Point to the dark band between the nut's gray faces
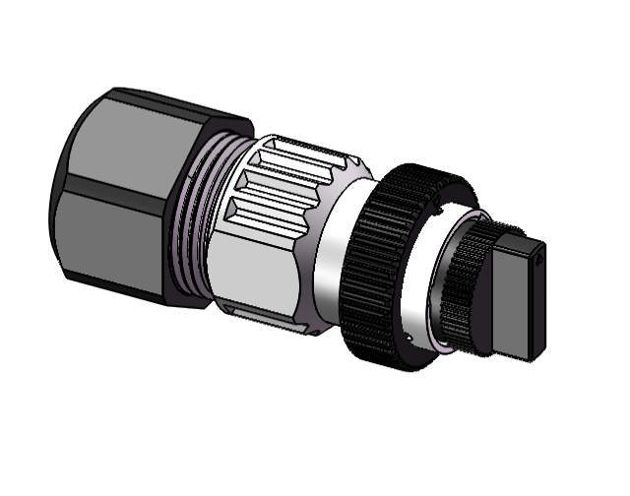click(123, 192)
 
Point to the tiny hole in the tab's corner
click(540, 261)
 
